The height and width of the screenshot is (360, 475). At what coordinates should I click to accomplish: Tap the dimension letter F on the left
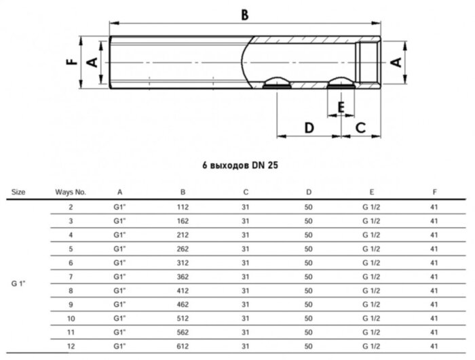pyautogui.click(x=70, y=62)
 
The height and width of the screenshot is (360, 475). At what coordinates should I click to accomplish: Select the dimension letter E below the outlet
pyautogui.click(x=341, y=108)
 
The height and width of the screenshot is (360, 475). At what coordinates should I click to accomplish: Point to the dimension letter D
pyautogui.click(x=309, y=127)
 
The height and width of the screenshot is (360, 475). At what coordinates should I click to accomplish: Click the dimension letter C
pyautogui.click(x=361, y=127)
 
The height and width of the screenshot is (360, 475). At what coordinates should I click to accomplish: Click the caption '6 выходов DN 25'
pyautogui.click(x=241, y=165)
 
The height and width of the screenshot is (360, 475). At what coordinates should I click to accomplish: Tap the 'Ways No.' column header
pyautogui.click(x=71, y=192)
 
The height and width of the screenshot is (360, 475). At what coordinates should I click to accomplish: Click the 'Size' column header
pyautogui.click(x=19, y=192)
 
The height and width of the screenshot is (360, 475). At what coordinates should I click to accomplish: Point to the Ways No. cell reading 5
pyautogui.click(x=71, y=248)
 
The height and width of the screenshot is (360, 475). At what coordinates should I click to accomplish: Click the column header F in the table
pyautogui.click(x=434, y=192)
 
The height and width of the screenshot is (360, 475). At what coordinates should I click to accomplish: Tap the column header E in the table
pyautogui.click(x=371, y=192)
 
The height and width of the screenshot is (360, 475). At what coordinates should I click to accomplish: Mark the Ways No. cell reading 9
pyautogui.click(x=71, y=303)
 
